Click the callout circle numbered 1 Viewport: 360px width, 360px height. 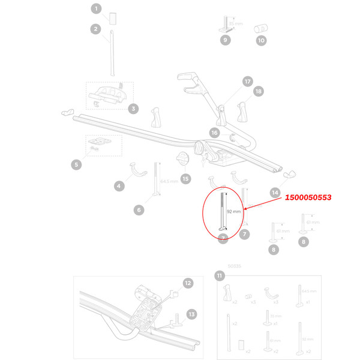point(95,8)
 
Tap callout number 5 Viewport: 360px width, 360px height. point(76,164)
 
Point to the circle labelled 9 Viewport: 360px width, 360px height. point(226,40)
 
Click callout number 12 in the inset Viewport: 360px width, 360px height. point(188,283)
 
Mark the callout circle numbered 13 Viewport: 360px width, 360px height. point(191,314)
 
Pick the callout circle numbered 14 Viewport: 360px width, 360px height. point(275,193)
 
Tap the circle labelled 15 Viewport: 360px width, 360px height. point(185,178)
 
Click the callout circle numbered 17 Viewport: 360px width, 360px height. point(247,81)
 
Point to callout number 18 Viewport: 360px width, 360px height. point(258,91)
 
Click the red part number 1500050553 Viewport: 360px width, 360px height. point(308,197)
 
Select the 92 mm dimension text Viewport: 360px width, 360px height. point(235,212)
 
